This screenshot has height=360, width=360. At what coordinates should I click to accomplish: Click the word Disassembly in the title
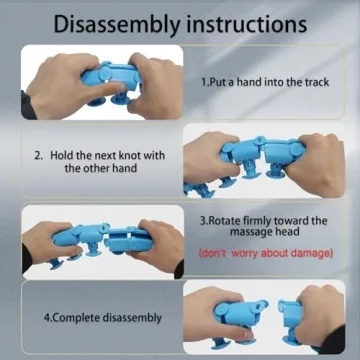[117, 24]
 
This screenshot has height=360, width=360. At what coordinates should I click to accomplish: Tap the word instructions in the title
[247, 24]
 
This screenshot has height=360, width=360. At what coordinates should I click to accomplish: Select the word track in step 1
[315, 82]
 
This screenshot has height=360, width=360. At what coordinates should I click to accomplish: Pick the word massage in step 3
[250, 232]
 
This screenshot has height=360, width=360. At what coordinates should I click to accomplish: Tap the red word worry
[245, 254]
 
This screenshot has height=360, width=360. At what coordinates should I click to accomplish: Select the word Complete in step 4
[76, 317]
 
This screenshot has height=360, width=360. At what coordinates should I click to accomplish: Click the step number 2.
[38, 156]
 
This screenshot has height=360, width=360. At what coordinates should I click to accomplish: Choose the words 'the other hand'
[101, 168]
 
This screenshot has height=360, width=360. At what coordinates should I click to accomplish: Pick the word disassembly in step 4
[132, 317]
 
